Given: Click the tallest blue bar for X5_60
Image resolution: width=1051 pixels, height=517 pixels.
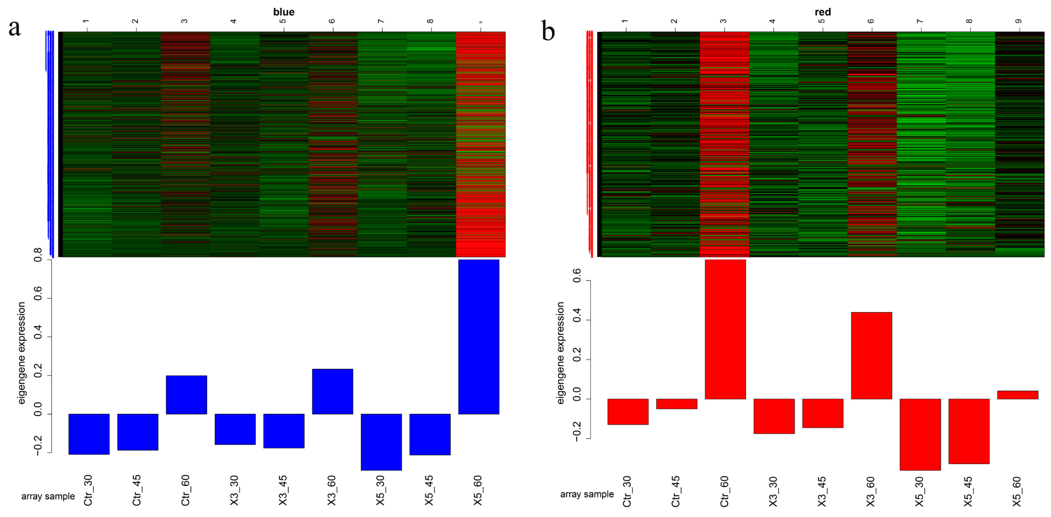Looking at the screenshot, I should (x=478, y=337).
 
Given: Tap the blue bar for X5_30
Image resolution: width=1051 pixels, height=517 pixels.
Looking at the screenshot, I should (x=381, y=442).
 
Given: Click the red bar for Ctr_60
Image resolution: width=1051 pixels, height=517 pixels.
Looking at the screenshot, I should (x=725, y=329).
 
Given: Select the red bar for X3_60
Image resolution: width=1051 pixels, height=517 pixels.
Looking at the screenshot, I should (x=871, y=355).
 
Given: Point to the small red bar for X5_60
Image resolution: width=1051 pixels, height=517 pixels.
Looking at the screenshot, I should (x=1018, y=395).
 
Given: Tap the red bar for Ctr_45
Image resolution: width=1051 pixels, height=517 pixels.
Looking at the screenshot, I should (x=676, y=404).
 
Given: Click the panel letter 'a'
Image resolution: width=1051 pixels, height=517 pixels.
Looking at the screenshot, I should (x=15, y=28).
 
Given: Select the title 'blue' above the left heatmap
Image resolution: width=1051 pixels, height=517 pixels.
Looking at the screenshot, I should (x=284, y=12).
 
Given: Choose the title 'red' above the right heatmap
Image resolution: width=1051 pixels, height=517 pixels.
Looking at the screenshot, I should (x=823, y=12).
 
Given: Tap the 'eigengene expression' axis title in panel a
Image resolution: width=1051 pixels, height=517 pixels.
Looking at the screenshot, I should (x=22, y=353).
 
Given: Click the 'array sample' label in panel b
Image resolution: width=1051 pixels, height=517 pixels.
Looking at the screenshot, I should (x=586, y=494).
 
